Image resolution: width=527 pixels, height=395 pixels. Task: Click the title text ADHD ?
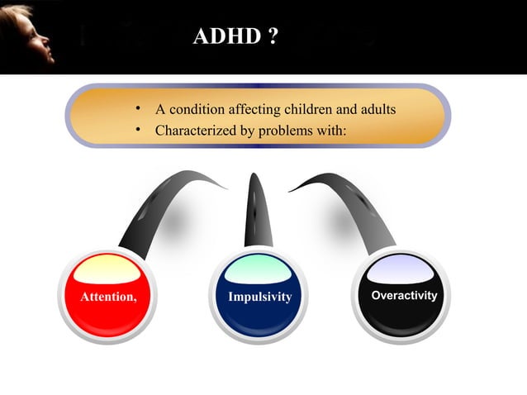click(235, 37)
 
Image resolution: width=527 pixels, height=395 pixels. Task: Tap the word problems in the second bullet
click(283, 131)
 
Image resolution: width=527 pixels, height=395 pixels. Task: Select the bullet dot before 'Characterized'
click(140, 131)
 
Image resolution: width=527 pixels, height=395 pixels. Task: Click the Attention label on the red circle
click(108, 297)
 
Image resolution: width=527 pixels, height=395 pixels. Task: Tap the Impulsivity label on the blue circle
click(259, 297)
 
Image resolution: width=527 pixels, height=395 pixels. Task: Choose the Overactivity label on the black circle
click(404, 295)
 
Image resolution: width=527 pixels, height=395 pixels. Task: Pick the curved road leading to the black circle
click(355, 207)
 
